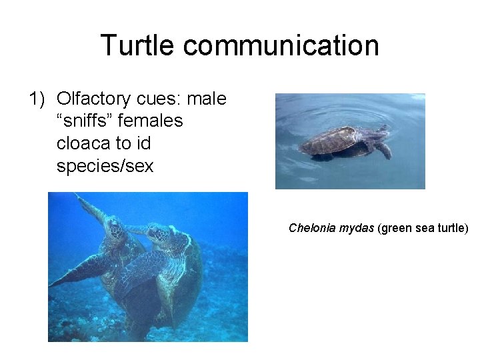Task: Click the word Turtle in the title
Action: pyautogui.click(x=138, y=45)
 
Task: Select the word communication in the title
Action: pyautogui.click(x=281, y=45)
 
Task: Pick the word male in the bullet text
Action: pyautogui.click(x=207, y=99)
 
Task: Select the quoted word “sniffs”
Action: pyautogui.click(x=85, y=121)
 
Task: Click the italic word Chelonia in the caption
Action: pyautogui.click(x=311, y=228)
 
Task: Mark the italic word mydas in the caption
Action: pyautogui.click(x=356, y=228)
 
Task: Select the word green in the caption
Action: pyautogui.click(x=395, y=228)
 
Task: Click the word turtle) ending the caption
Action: pyautogui.click(x=453, y=228)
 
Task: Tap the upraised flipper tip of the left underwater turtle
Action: pyautogui.click(x=79, y=198)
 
